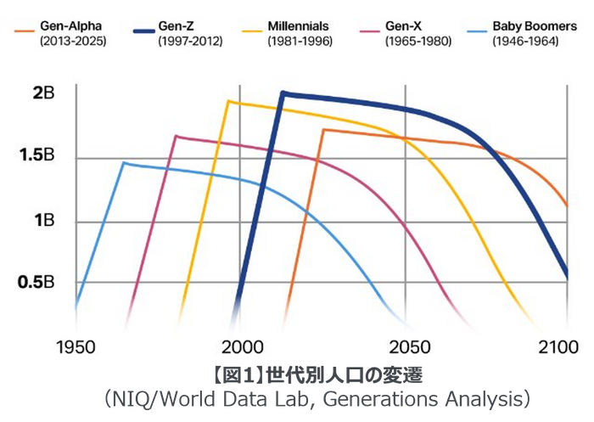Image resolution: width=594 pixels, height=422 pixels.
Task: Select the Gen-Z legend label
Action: click(177, 26)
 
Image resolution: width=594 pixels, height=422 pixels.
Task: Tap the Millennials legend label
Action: click(298, 26)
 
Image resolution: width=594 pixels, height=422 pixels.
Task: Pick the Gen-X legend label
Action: click(403, 26)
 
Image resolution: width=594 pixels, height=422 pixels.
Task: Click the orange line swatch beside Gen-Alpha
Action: click(23, 31)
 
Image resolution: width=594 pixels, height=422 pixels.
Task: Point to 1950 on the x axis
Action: click(76, 346)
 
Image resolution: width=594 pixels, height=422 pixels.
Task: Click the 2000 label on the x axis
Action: click(242, 346)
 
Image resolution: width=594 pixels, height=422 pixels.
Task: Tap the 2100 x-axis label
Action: click(559, 346)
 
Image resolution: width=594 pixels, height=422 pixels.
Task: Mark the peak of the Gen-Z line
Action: click(283, 93)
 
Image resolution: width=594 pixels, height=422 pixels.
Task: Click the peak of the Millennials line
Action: click(228, 101)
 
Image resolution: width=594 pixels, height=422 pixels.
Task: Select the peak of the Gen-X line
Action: click(176, 136)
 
